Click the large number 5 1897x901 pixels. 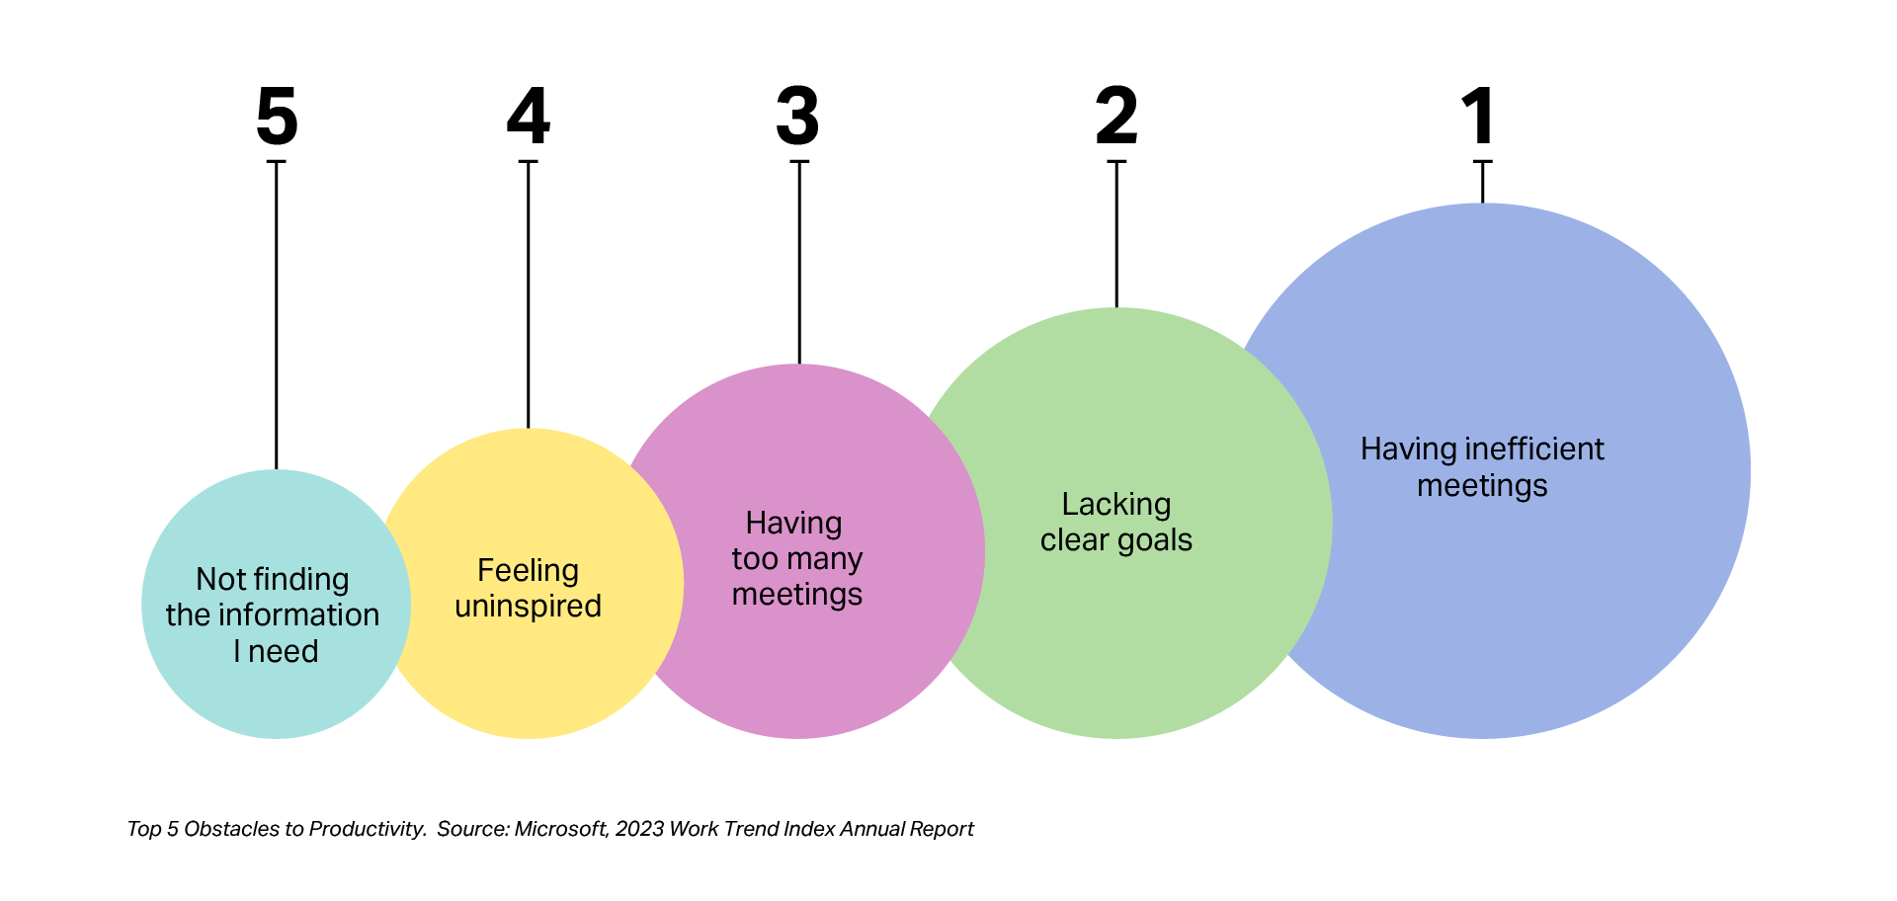tap(277, 116)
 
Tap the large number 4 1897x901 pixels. tap(529, 116)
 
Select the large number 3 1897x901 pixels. tap(797, 116)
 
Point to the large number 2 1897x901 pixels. tap(1116, 116)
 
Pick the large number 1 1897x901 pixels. tap(1479, 116)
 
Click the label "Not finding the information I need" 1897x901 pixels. tap(273, 614)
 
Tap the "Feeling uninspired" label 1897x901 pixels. tap(528, 588)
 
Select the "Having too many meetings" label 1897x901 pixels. tap(796, 558)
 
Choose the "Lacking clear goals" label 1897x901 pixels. tap(1116, 522)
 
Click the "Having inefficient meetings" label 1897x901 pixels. tap(1482, 466)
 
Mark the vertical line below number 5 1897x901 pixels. tap(277, 316)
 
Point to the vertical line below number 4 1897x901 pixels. tap(529, 296)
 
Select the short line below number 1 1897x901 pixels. tap(1482, 182)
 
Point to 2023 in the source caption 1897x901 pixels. tap(639, 829)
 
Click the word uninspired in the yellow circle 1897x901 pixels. tap(528, 606)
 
